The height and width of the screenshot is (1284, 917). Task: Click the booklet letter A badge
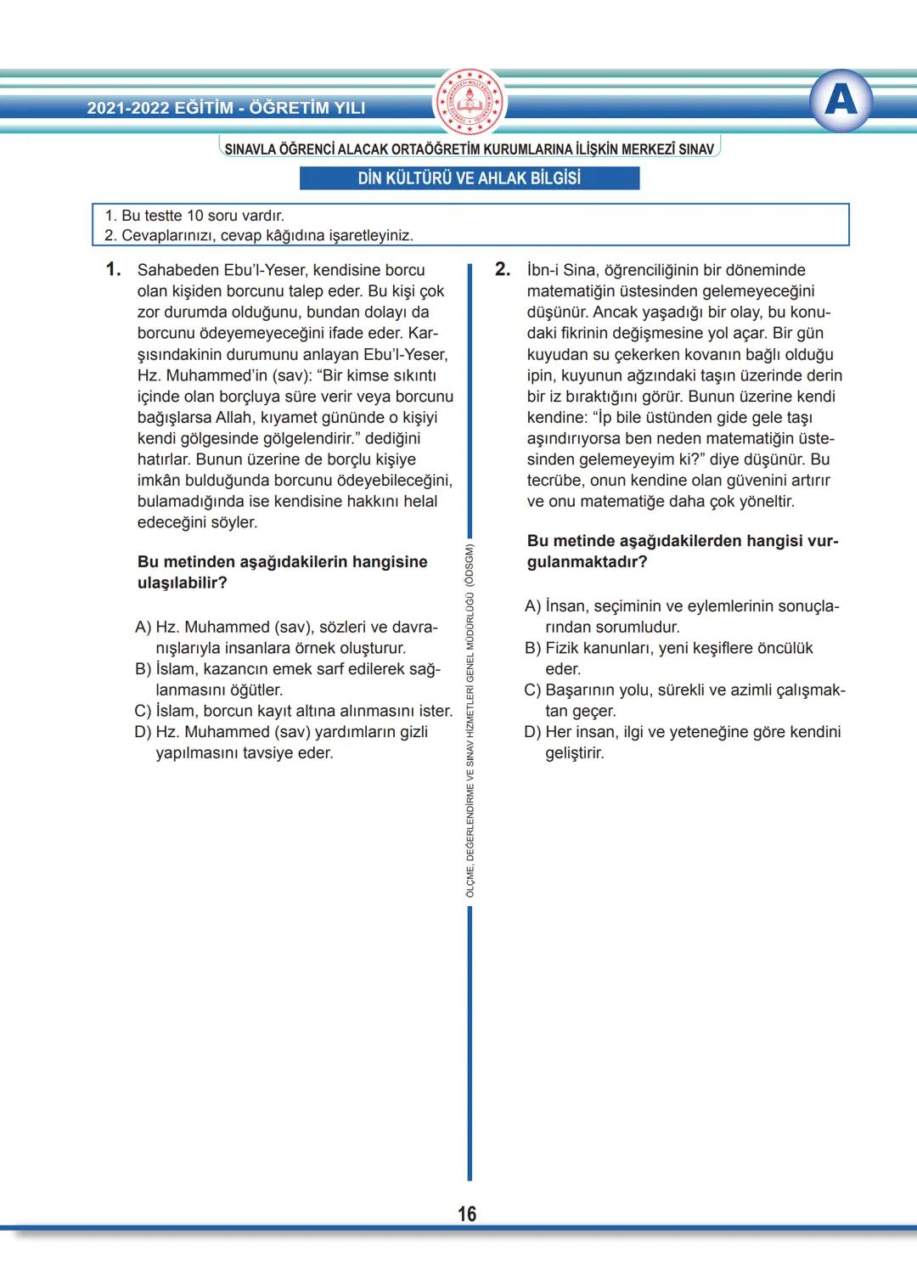(x=841, y=100)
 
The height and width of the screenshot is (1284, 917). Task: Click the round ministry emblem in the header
(x=469, y=102)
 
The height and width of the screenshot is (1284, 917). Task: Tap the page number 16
(x=467, y=1214)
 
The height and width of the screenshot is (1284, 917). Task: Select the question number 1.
(x=113, y=270)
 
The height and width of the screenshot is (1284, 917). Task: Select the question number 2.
(x=503, y=270)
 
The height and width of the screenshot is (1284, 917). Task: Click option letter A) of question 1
(x=143, y=628)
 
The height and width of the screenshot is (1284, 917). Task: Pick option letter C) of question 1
(x=143, y=711)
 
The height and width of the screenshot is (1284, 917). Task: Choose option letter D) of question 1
(x=143, y=732)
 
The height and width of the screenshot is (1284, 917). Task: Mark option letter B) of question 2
(x=532, y=649)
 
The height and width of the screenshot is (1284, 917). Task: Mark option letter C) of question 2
(x=532, y=690)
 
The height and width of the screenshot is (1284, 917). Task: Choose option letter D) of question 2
(x=532, y=732)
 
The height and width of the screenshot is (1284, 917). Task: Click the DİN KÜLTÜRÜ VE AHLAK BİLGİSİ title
(x=470, y=178)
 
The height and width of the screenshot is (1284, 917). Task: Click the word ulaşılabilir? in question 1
(x=182, y=583)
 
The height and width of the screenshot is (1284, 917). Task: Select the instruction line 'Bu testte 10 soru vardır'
(x=194, y=216)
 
